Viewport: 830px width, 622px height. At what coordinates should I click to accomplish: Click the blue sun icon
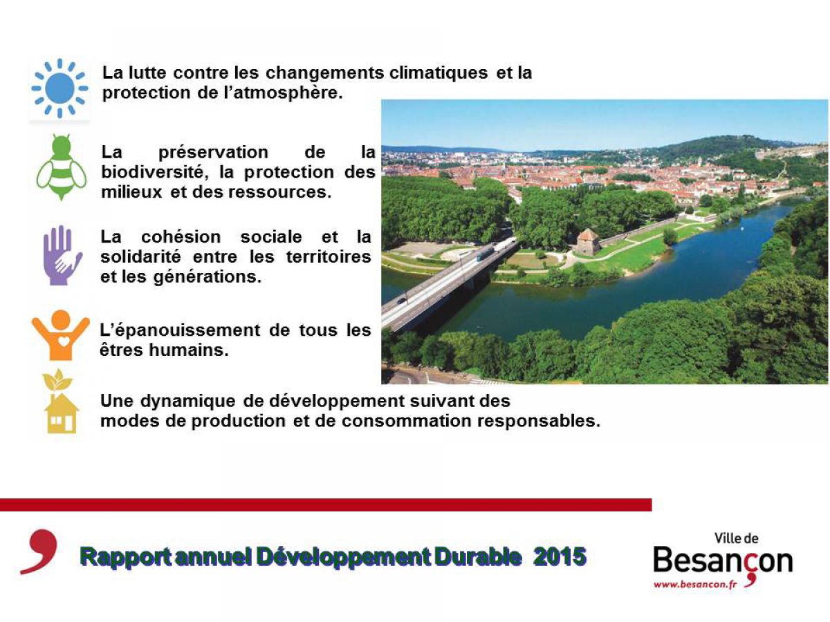[x=59, y=88]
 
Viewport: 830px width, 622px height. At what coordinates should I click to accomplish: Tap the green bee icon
[x=62, y=167]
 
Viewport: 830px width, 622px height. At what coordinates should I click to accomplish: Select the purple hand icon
[x=62, y=255]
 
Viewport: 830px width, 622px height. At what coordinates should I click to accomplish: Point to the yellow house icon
[x=62, y=413]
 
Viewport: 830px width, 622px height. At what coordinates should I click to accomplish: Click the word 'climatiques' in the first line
[x=439, y=73]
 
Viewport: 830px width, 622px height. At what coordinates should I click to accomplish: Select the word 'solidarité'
[x=140, y=257]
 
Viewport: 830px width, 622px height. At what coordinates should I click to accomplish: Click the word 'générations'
[x=207, y=278]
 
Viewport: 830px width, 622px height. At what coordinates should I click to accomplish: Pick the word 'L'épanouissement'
[x=180, y=330]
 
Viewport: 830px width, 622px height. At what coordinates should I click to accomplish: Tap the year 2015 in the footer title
[x=560, y=556]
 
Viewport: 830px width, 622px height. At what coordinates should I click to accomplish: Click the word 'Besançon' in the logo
[x=723, y=560]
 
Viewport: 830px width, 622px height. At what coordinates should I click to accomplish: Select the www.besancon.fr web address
[x=695, y=585]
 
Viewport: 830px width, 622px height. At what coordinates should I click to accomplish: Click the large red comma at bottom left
[x=39, y=552]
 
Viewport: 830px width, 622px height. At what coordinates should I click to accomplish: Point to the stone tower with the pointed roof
[x=588, y=242]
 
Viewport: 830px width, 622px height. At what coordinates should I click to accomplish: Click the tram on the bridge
[x=485, y=252]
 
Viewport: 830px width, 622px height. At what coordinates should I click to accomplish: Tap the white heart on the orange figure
[x=64, y=341]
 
